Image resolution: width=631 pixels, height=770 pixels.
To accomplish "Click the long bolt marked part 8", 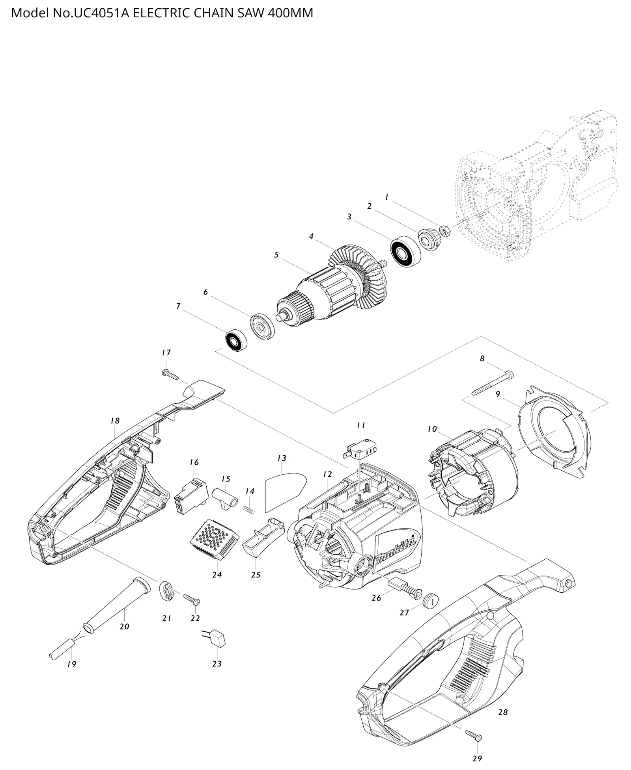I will point(493,382).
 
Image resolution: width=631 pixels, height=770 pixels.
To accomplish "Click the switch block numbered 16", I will point(191,495).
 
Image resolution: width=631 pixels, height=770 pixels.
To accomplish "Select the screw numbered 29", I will point(474,735).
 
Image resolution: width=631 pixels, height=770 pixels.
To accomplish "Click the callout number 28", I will point(503,712).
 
